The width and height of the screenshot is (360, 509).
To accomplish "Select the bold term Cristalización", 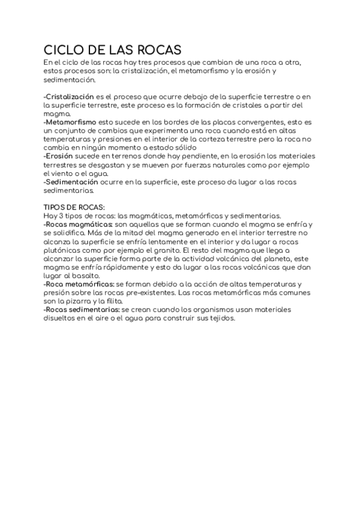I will click(x=70, y=96).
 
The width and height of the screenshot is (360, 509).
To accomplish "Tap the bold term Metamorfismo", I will click(x=71, y=121).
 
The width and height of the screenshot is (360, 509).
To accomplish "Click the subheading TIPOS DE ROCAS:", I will click(x=74, y=207).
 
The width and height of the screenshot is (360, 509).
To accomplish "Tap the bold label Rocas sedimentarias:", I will click(x=82, y=309).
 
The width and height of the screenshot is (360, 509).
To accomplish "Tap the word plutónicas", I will click(x=62, y=250).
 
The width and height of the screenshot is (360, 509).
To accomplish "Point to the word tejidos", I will click(x=221, y=318).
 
